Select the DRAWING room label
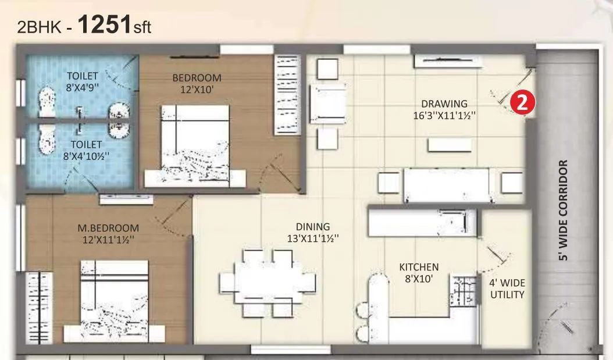(x=444, y=104)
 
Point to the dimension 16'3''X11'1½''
(x=444, y=115)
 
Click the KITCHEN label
(x=419, y=267)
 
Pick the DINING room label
(x=313, y=227)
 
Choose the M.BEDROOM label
(x=109, y=227)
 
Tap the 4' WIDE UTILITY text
(x=507, y=289)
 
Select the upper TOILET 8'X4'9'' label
(x=83, y=81)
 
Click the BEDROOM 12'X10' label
(x=197, y=83)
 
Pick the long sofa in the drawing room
(x=447, y=185)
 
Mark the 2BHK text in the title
(x=38, y=27)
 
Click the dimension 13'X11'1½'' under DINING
(x=313, y=238)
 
